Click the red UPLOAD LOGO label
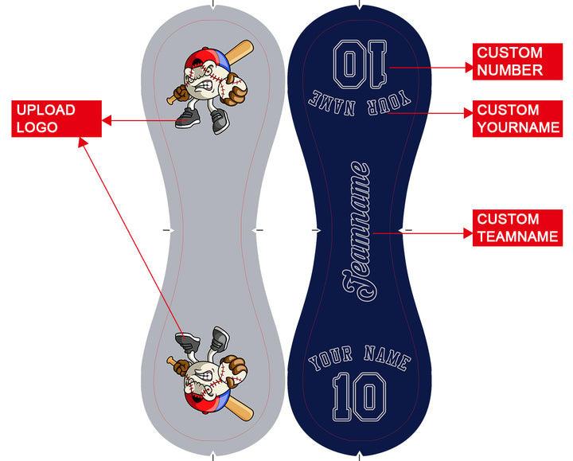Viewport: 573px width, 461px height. [x=57, y=119]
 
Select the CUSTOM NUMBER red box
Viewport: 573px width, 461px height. [x=517, y=61]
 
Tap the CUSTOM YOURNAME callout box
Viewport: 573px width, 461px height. [x=517, y=119]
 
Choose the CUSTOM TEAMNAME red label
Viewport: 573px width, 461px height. [x=517, y=228]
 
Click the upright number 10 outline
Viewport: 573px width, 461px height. [x=359, y=397]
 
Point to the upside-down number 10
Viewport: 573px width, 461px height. [x=360, y=64]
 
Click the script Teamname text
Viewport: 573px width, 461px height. [x=357, y=232]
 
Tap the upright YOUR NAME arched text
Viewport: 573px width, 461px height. [x=360, y=357]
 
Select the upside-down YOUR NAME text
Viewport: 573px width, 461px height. [x=360, y=103]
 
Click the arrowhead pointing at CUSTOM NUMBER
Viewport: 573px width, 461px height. [x=469, y=68]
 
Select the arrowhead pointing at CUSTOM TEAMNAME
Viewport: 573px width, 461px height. [x=468, y=233]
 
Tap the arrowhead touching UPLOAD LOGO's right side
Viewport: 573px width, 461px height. [x=107, y=120]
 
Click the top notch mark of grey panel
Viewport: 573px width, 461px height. [x=213, y=5]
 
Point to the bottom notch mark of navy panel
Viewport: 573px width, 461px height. [x=360, y=456]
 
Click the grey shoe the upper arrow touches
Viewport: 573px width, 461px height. [x=188, y=118]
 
